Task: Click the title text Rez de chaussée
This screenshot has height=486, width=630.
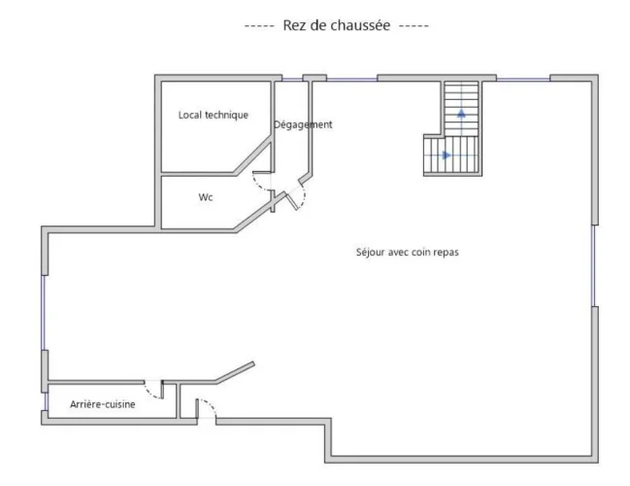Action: pos(337,25)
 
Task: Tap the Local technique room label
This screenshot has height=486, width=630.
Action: pos(214,115)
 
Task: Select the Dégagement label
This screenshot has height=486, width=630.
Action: pos(303,124)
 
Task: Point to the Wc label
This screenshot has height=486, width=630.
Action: pos(206,197)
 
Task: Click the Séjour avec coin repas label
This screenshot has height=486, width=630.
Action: pos(408,253)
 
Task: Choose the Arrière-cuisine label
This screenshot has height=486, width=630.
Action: pos(103,404)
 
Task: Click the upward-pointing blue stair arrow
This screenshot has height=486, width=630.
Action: pos(461,113)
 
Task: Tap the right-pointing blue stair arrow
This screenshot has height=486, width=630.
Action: pos(447,155)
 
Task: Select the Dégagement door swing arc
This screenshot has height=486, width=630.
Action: pos(302,195)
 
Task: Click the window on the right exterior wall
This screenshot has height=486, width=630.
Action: pos(593,265)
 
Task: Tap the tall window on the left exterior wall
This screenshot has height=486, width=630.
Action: pos(44,313)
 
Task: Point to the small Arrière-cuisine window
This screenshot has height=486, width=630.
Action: pos(46,401)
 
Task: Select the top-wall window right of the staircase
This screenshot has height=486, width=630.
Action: pos(523,80)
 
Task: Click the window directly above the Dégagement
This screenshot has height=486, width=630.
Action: pos(292,80)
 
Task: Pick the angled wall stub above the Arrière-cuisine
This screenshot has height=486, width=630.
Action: pos(235,372)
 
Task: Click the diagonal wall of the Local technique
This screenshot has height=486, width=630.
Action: pos(253,156)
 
